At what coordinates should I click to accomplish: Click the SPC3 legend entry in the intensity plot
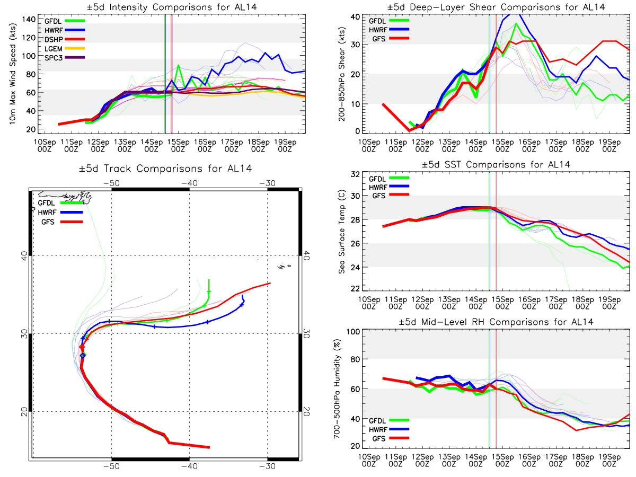pyautogui.click(x=64, y=58)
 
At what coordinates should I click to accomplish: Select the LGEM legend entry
pyautogui.click(x=64, y=48)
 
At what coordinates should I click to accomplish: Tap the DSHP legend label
pyautogui.click(x=54, y=39)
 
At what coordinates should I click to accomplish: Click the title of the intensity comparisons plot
pyautogui.click(x=172, y=7)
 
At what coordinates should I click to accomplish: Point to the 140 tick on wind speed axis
pyautogui.click(x=29, y=20)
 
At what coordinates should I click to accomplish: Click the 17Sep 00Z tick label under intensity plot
pyautogui.click(x=232, y=145)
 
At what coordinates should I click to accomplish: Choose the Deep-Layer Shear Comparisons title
pyautogui.click(x=496, y=7)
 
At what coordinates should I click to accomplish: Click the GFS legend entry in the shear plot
pyautogui.click(x=390, y=39)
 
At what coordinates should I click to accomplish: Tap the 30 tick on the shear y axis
pyautogui.click(x=356, y=45)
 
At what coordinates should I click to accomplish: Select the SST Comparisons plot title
pyautogui.click(x=496, y=164)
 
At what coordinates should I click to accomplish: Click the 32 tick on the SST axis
pyautogui.click(x=356, y=174)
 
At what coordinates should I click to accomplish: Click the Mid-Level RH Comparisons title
pyautogui.click(x=496, y=322)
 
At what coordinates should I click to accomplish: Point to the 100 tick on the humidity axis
pyautogui.click(x=353, y=332)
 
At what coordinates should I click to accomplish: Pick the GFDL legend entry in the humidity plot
pyautogui.click(x=389, y=420)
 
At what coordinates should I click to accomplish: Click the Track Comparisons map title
pyautogui.click(x=165, y=168)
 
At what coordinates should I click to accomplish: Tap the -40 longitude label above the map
pyautogui.click(x=190, y=183)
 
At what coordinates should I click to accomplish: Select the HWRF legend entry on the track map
pyautogui.click(x=60, y=213)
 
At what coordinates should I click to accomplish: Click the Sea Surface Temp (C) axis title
pyautogui.click(x=342, y=232)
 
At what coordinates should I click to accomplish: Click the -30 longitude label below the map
pyautogui.click(x=267, y=466)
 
